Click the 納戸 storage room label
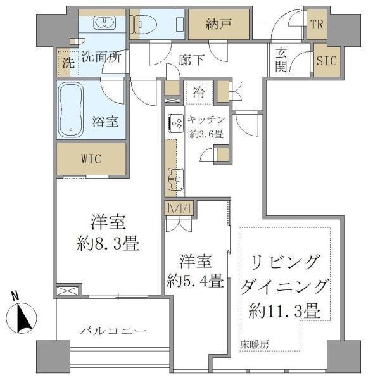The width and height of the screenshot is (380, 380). [218, 24]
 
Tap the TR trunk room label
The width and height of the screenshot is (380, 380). [317, 24]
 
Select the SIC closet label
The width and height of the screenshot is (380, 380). [327, 60]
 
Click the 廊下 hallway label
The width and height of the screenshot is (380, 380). [191, 60]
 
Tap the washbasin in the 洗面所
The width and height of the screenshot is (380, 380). [104, 23]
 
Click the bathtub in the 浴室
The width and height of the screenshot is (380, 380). [71, 110]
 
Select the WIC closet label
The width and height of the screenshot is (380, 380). [91, 159]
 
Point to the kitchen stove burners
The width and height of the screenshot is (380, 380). [175, 123]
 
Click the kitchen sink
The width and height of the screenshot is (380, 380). [175, 179]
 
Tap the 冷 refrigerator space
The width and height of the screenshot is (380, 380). [199, 92]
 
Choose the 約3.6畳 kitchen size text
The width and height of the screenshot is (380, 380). [206, 134]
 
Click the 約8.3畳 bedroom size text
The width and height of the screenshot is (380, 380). [108, 243]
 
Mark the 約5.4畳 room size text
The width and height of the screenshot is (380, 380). [195, 281]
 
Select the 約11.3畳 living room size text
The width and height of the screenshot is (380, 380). [284, 311]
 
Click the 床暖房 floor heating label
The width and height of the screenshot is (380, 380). [255, 345]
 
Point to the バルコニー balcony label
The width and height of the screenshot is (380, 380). [113, 331]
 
